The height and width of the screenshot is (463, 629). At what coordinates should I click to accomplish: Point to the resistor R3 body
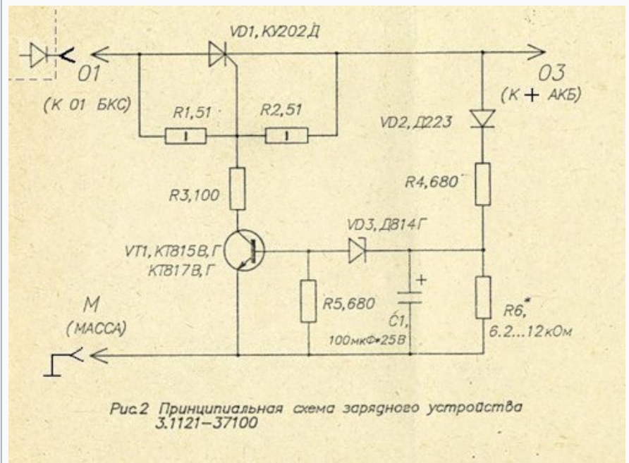click(238, 189)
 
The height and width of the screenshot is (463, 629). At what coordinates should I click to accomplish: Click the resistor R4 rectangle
click(483, 183)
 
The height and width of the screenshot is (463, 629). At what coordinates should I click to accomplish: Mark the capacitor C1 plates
click(413, 295)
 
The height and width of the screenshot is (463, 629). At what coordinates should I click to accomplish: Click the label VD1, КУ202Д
click(264, 30)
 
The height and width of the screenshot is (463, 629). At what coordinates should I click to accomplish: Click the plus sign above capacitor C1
click(422, 279)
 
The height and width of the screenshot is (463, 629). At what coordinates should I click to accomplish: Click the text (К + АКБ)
click(549, 94)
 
